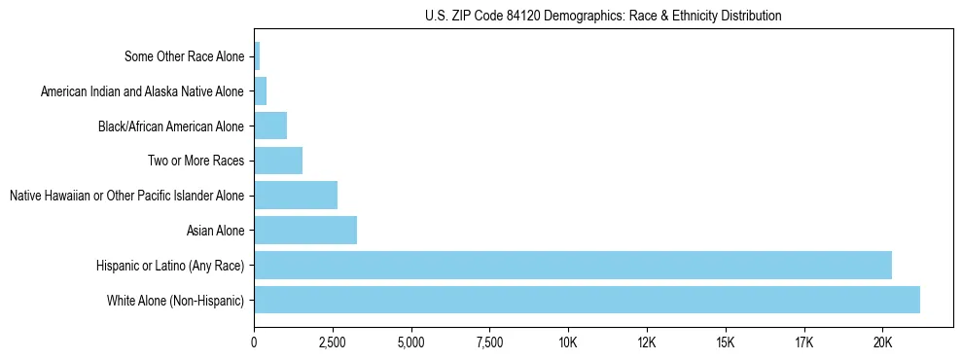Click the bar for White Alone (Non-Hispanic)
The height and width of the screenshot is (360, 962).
pos(587,300)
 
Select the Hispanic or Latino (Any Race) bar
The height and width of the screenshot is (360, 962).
pos(573,265)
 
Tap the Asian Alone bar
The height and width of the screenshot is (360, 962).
pos(305,230)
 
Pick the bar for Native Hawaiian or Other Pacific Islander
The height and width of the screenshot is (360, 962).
pos(296,195)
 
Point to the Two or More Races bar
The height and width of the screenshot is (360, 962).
pos(278,160)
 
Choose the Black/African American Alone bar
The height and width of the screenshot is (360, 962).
pos(270,126)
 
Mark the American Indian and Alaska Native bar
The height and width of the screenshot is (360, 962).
pos(260,91)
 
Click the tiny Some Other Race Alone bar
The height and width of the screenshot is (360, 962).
pos(257,56)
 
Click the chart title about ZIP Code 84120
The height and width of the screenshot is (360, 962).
pos(603,16)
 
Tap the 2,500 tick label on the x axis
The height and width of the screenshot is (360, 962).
pos(333,342)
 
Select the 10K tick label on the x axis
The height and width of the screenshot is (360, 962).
pos(568,342)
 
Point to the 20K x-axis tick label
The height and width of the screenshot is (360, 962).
pos(882,342)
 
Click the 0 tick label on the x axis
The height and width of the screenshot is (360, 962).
pos(254,342)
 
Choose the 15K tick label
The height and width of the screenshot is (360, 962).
pos(726,342)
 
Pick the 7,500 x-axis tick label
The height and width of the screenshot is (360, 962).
pos(489,342)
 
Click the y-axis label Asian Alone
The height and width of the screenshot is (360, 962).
pos(215,231)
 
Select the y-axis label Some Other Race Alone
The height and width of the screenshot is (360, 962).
pos(185,56)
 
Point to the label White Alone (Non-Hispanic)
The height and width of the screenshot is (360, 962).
pos(176,301)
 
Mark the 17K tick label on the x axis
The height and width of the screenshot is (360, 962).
pos(803,342)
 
